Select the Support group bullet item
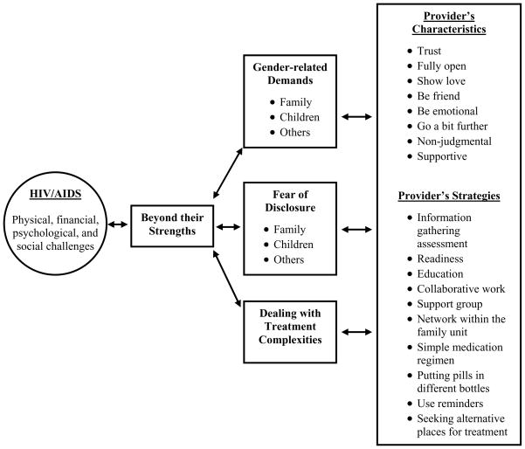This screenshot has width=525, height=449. click(448, 303)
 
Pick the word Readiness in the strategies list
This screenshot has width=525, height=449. click(440, 258)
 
